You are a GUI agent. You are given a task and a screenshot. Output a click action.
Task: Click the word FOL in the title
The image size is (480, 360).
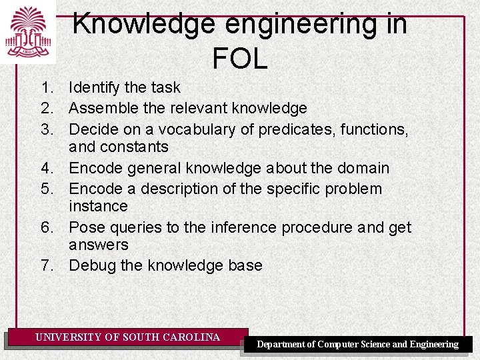(x=240, y=59)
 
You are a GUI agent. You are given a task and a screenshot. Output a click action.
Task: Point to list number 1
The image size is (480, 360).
(x=46, y=87)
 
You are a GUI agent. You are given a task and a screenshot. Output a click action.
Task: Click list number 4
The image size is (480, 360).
(x=46, y=168)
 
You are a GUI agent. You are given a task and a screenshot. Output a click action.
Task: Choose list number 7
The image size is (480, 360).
(x=46, y=265)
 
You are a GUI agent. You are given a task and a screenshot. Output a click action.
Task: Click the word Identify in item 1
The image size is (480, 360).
(x=93, y=87)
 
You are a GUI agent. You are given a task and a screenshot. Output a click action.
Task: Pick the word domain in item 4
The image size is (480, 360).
(x=363, y=168)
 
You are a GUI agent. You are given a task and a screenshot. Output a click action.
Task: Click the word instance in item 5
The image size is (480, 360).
(x=98, y=207)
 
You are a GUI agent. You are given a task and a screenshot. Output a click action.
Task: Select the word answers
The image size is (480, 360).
(x=98, y=245)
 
